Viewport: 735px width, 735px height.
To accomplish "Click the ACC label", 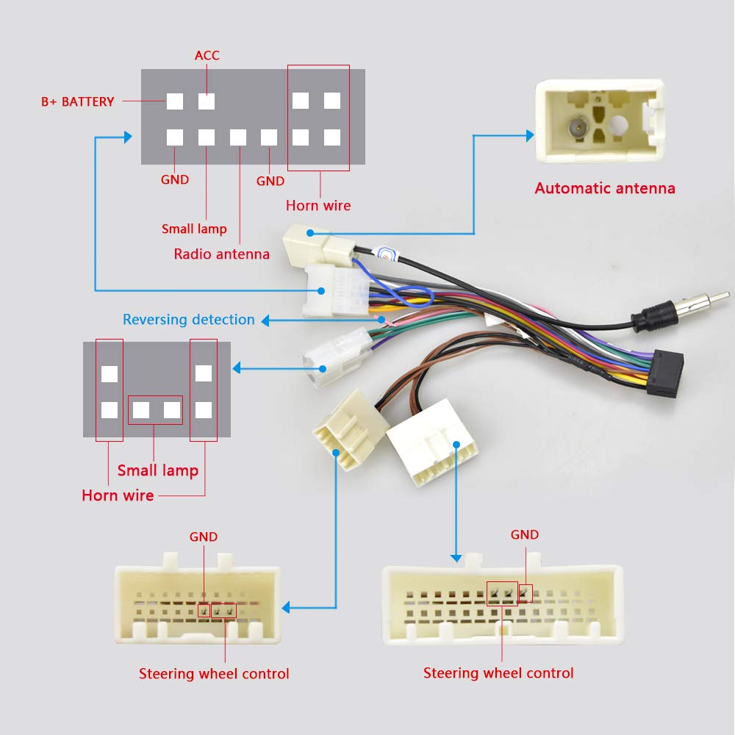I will tap(207, 56).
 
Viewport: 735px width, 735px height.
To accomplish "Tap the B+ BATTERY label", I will tap(77, 101).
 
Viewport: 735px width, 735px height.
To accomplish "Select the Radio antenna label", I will tap(221, 254).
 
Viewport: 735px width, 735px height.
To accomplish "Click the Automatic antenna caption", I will tap(604, 188).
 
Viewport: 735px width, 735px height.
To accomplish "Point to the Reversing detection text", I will tap(188, 320).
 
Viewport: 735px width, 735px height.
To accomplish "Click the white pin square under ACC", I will tap(207, 101).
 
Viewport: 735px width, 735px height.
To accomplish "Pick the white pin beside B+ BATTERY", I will tap(174, 101).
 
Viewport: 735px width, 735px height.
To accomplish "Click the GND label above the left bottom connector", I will tap(204, 537).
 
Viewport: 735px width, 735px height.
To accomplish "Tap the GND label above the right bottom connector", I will tap(525, 535).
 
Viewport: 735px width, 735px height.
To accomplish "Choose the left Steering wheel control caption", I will tap(214, 674).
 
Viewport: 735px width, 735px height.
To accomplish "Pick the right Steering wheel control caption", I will tap(498, 673).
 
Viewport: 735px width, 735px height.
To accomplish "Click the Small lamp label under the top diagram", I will tap(194, 229).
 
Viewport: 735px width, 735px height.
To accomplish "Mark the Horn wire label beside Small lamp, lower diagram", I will tap(118, 495).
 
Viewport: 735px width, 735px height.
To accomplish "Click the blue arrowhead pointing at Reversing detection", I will tap(265, 320).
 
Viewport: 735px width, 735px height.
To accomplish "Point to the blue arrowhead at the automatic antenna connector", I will tap(529, 135).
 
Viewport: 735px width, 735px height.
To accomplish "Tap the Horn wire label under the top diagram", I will tap(318, 206).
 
